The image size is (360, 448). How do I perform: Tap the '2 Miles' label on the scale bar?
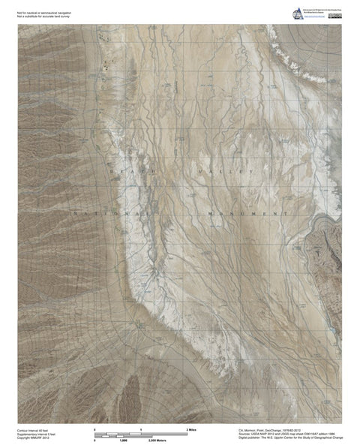tap(191, 428)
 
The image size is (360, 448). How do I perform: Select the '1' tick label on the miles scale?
tap(140, 428)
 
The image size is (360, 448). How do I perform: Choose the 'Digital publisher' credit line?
tap(285, 439)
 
